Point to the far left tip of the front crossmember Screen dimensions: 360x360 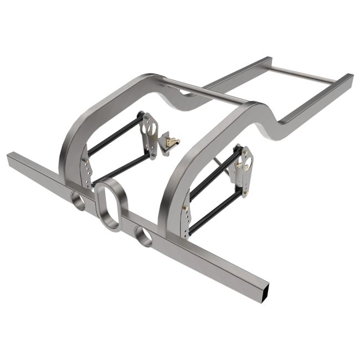[x=9, y=158]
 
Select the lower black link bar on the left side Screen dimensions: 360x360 [x=119, y=166]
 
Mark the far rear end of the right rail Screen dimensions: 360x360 [x=349, y=78]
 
